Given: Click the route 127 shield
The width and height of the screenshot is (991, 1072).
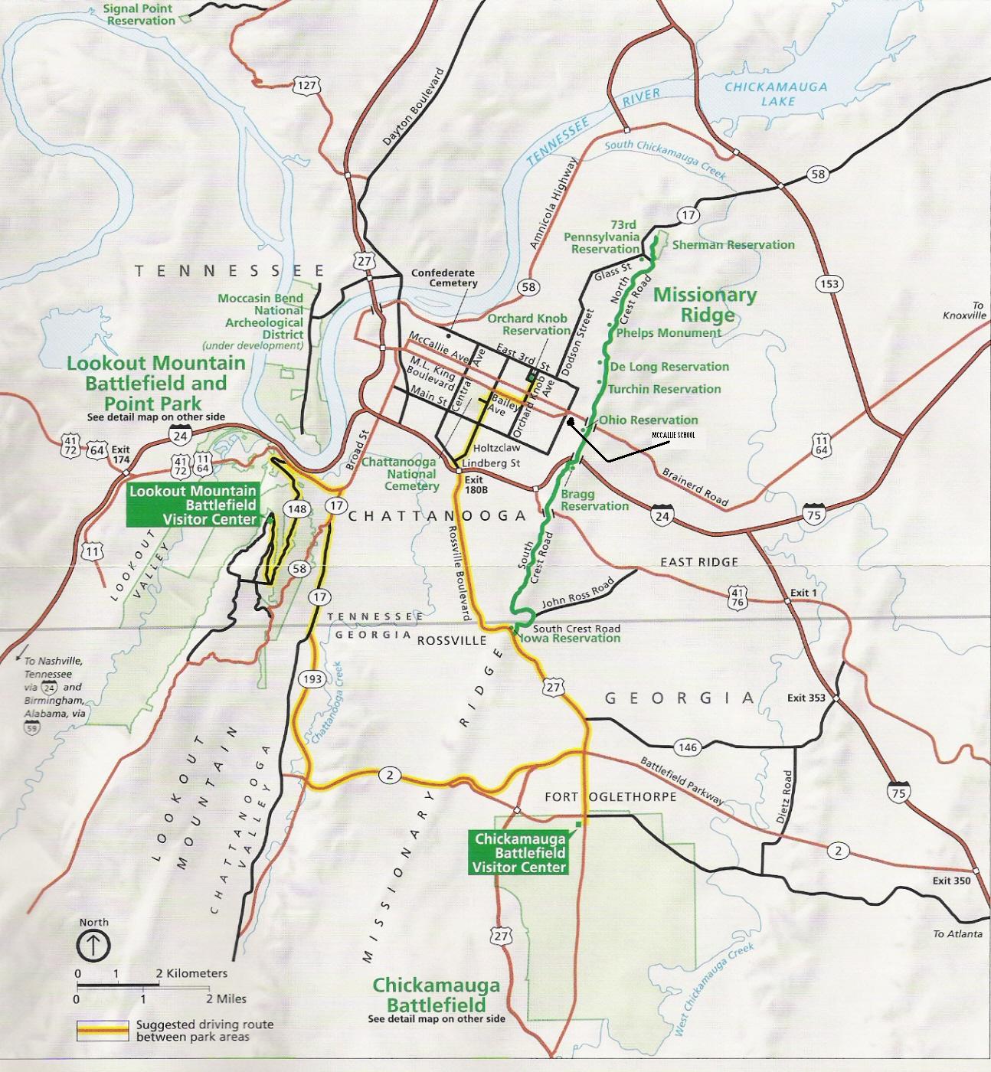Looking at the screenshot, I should tap(306, 85).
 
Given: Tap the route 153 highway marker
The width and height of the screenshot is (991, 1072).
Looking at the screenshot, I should tap(829, 283).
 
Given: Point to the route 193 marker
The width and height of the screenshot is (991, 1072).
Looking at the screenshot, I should tap(312, 678).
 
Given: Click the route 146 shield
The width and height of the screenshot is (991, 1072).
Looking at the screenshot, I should tap(688, 747).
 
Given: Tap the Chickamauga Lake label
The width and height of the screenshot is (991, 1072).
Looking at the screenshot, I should tap(776, 93).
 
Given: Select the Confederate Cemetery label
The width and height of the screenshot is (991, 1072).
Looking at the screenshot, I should tap(443, 278).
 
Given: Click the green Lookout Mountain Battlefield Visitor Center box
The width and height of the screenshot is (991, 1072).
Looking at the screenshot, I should tap(193, 505).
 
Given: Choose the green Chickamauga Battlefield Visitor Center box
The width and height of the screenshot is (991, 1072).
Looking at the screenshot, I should tap(519, 852).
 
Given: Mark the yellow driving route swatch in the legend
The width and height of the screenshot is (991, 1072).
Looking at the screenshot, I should tap(101, 1030).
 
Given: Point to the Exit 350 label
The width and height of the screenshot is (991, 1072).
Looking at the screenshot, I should tap(951, 881).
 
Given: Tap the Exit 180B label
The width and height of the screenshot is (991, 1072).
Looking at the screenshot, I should tap(476, 485).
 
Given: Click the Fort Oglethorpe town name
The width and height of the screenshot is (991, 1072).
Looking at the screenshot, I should tap(610, 796).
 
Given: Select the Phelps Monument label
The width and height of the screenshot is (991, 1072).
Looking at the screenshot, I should tap(668, 333).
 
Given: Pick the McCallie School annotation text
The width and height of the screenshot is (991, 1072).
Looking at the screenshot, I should tap(673, 435).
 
